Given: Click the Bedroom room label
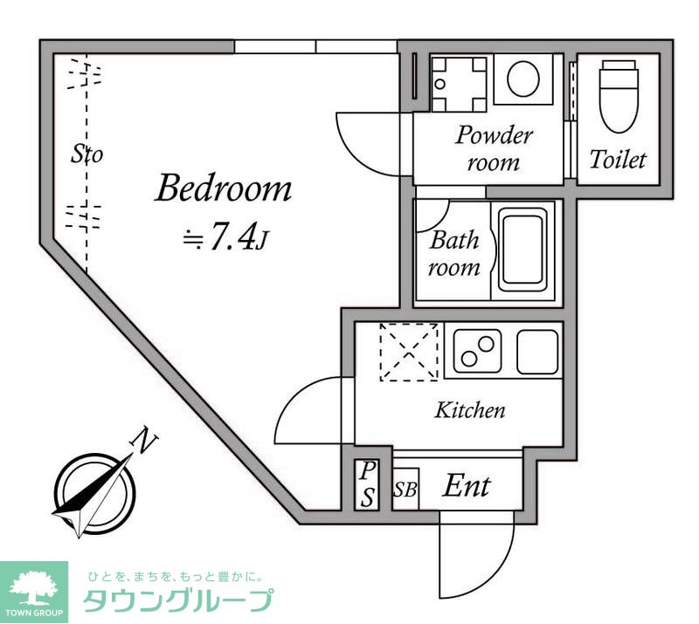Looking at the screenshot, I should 223,188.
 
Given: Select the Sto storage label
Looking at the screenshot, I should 87,155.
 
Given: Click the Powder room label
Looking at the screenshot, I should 494,148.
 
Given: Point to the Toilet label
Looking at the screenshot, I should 618,160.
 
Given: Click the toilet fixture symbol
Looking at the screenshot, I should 618,93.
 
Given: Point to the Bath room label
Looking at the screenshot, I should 454,253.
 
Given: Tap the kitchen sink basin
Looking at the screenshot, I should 537,351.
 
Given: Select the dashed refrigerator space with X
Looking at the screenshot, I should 408,352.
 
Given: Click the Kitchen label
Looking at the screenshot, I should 470,409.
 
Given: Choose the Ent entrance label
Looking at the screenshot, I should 466,485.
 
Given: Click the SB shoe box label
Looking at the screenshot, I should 405,490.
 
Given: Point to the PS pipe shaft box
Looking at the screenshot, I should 368,485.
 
